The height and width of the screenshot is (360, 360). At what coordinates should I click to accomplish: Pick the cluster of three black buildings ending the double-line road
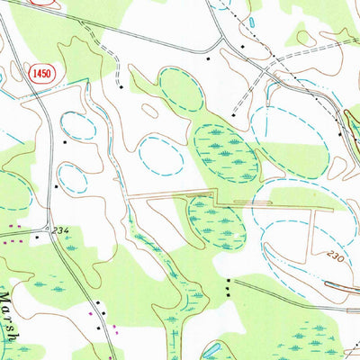coord(229,286)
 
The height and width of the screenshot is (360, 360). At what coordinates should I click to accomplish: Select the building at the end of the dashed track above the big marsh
coord(232,115)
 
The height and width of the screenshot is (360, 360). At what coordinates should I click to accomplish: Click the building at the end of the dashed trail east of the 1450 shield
coord(120,88)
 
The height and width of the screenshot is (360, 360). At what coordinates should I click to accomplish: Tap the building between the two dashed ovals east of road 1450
coord(65,141)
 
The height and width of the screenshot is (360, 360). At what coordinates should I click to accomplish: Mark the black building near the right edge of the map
coord(339,133)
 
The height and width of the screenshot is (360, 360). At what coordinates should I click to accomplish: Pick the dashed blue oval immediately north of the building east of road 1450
coord(78,125)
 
